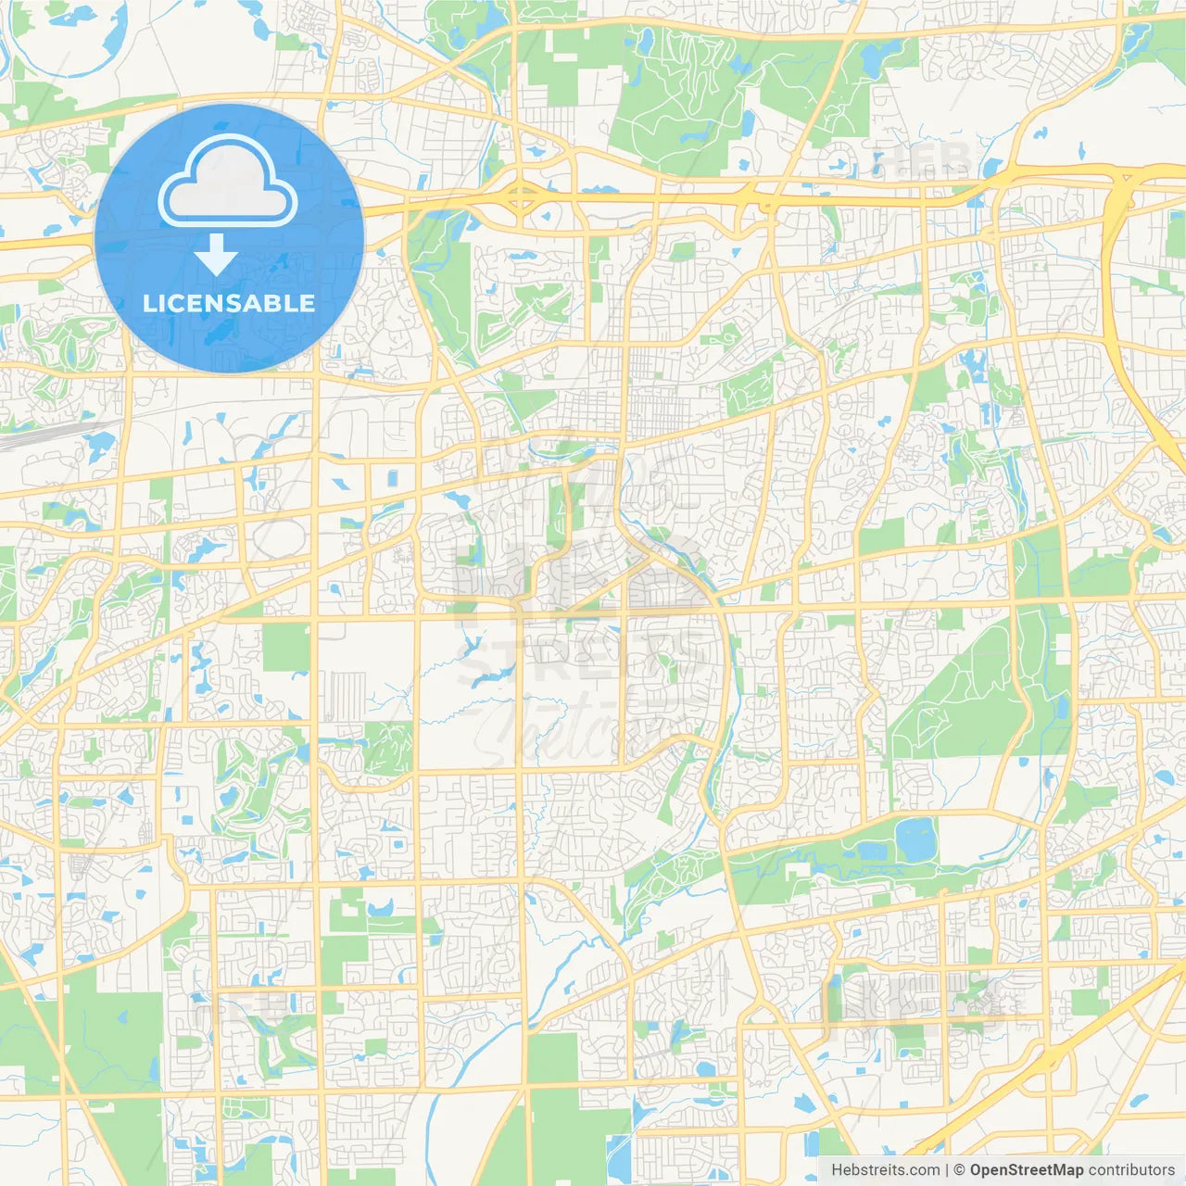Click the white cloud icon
228,183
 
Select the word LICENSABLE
229,303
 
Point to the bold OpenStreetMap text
1027,1170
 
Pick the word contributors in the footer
1131,1170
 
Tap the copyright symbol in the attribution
959,1170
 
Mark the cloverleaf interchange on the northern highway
522,196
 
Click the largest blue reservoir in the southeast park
916,839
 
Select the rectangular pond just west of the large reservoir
871,851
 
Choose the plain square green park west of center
285,647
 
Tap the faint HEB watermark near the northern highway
922,159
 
